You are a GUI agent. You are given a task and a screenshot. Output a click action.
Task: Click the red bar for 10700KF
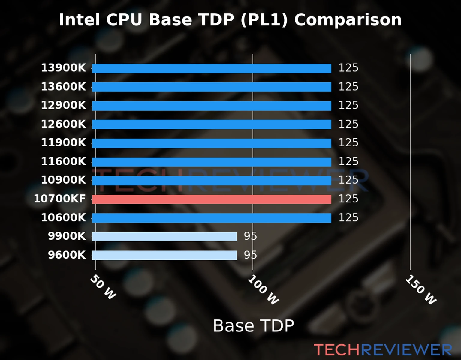coord(212,199)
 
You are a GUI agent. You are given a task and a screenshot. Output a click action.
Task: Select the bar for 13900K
coord(212,68)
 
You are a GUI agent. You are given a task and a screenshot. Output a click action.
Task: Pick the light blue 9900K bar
coord(164,237)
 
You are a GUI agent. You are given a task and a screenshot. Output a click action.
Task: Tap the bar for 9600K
coord(164,255)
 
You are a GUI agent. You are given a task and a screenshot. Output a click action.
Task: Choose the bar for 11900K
coord(212,143)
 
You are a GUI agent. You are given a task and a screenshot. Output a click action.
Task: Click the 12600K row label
coord(63,124)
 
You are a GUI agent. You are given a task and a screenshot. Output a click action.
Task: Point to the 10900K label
coord(63,180)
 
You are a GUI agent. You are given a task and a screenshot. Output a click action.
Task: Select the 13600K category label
coord(63,87)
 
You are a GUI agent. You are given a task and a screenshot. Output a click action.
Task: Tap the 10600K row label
coord(63,217)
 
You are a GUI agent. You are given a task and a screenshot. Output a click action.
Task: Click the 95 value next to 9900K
coord(250,236)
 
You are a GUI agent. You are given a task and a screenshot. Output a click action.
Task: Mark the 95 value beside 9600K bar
coord(250,255)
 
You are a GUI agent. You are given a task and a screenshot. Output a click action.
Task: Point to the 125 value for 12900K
coord(348,105)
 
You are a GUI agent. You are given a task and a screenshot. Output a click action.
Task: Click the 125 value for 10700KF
coord(348,199)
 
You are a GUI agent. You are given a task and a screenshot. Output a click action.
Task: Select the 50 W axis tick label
coord(103,287)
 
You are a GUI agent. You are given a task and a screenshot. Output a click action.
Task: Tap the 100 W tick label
coord(263,290)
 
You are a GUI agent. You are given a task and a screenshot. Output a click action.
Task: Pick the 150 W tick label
coord(421,290)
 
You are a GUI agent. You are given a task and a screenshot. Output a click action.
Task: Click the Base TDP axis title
coord(253,326)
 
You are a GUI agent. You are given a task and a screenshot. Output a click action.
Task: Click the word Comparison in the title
coord(348,20)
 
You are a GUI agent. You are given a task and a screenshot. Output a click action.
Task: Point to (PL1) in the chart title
coord(264,20)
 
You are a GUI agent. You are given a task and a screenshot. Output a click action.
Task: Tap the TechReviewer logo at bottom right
coord(383,350)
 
